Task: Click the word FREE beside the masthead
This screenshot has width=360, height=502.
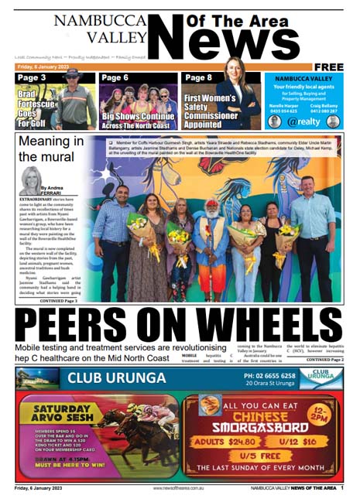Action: click(328, 67)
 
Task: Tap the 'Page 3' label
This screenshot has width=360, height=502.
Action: click(33, 78)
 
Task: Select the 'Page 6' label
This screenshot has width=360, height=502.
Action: click(115, 78)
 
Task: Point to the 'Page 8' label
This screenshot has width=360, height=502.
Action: click(198, 78)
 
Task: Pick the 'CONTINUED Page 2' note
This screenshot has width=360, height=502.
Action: click(324, 360)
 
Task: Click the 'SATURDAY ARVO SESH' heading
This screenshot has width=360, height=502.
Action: click(56, 411)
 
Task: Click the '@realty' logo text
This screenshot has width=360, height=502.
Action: click(303, 121)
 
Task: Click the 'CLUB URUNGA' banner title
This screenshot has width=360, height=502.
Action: click(116, 378)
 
